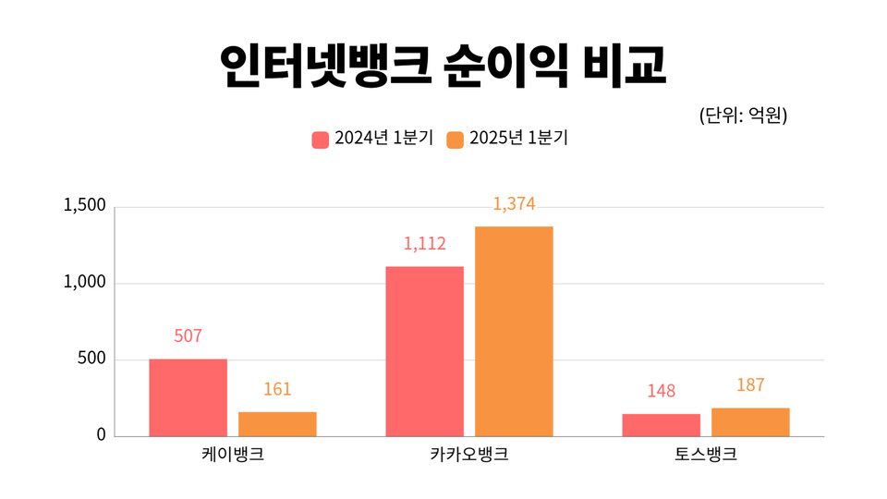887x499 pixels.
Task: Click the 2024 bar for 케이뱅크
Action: point(188,397)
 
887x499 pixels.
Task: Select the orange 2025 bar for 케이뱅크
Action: point(277,424)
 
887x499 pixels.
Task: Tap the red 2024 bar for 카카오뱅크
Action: point(424,351)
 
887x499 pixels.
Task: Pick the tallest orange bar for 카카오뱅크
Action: point(514,331)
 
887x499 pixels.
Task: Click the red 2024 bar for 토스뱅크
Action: point(661,425)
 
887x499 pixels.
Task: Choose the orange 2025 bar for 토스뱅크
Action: point(750,422)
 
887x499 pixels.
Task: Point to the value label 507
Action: point(188,336)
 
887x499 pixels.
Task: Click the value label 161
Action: point(277,390)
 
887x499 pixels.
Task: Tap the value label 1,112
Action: point(424,244)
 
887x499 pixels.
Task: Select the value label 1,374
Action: point(514,204)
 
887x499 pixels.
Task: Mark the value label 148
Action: point(661,392)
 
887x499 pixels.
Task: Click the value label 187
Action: point(750,385)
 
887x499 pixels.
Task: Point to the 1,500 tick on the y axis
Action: point(85,206)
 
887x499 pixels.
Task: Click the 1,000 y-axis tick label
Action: point(85,283)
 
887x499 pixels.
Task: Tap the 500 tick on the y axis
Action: point(92,359)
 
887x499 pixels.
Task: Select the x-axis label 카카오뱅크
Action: point(468,456)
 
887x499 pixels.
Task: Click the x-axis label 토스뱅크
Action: point(706,456)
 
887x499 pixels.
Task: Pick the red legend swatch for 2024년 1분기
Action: point(321,140)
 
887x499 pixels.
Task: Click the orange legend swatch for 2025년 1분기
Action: point(455,140)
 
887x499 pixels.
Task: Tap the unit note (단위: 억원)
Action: point(743,116)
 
